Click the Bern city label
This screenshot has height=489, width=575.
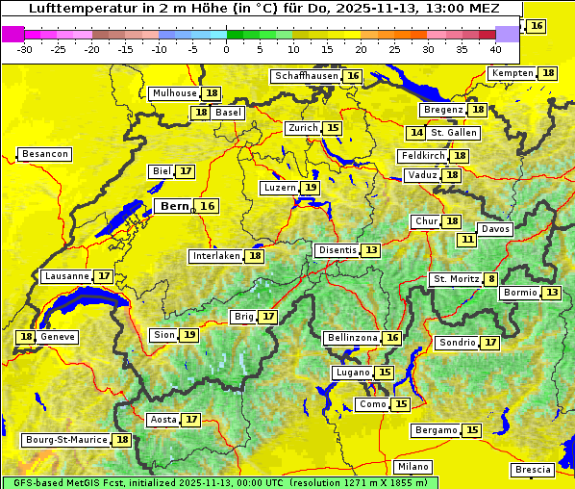click(x=174, y=206)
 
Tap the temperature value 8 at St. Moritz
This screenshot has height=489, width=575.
click(x=491, y=279)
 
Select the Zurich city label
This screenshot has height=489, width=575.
click(x=302, y=128)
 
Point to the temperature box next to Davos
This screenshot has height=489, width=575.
click(x=467, y=239)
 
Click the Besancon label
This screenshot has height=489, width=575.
click(x=44, y=154)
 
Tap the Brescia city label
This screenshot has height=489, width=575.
click(x=533, y=470)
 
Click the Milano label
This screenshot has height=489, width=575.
click(x=414, y=466)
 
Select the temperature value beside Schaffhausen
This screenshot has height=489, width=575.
click(x=353, y=76)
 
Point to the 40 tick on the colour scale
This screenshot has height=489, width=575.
click(x=495, y=49)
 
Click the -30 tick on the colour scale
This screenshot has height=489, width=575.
click(x=25, y=49)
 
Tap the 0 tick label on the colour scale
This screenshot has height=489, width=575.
click(x=227, y=49)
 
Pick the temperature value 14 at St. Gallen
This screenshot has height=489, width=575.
click(x=416, y=133)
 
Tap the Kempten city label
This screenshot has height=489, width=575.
click(x=512, y=73)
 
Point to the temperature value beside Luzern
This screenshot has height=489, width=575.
click(x=310, y=188)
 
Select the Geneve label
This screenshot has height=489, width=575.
click(x=58, y=337)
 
